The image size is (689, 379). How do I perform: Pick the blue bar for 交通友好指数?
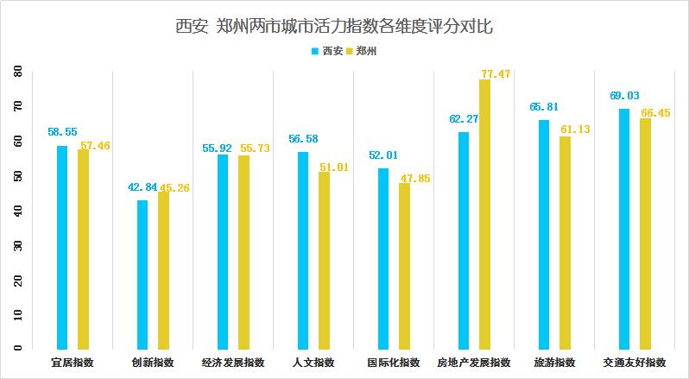624,228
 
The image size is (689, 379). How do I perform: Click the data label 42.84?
142,187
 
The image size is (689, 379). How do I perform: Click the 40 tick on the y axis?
17,210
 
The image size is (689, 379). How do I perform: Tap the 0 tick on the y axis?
17,348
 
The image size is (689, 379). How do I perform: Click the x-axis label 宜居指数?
72,363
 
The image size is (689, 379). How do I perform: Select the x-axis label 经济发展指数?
233,363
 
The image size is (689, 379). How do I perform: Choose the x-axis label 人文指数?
313,363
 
